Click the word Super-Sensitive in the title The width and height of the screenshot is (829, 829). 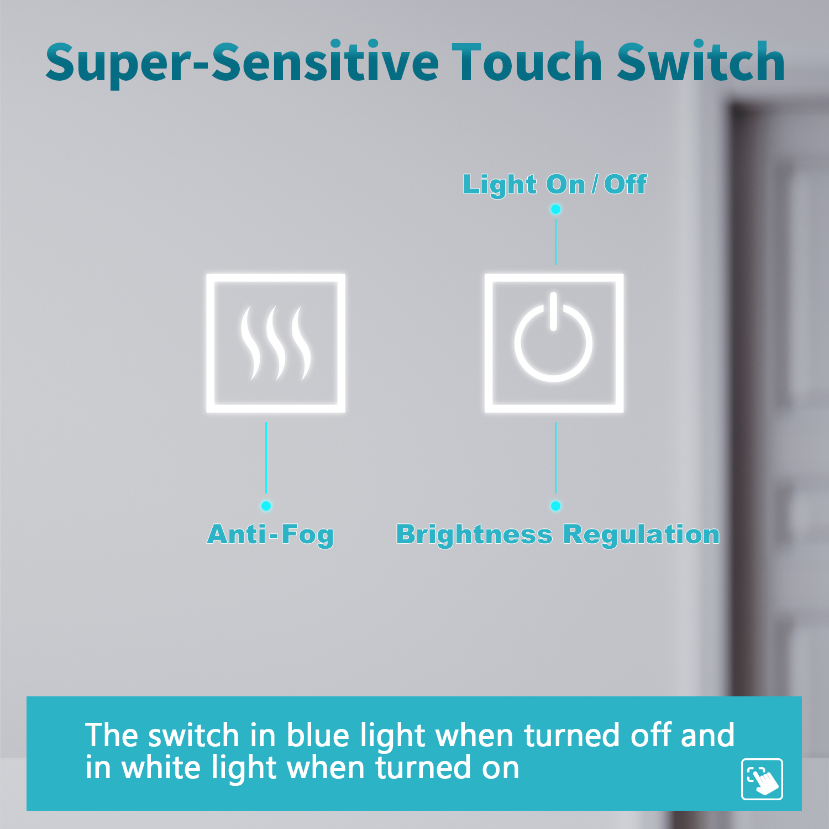(242, 63)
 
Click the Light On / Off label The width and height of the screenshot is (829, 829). (554, 185)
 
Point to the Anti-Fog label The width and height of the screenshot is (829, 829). (270, 534)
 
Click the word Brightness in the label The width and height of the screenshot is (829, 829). (474, 534)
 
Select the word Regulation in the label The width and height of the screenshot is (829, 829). (642, 534)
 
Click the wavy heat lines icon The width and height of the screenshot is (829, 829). (275, 343)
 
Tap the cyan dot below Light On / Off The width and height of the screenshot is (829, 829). (555, 209)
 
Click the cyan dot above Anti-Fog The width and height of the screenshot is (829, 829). (266, 506)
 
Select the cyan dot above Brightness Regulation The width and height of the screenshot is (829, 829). (555, 506)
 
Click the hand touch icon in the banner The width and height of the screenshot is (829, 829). (762, 779)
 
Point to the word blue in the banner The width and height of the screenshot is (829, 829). (318, 736)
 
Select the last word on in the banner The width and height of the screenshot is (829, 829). (501, 769)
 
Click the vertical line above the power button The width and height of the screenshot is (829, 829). (555, 242)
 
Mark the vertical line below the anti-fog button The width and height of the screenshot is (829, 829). (266, 458)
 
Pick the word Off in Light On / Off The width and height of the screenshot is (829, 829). (625, 185)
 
